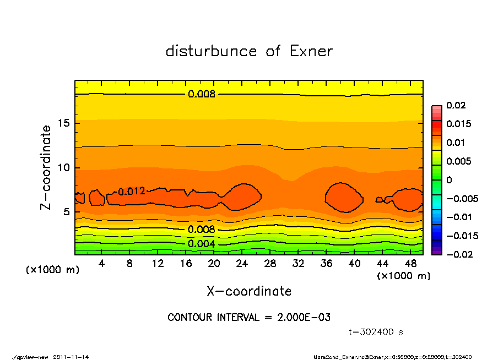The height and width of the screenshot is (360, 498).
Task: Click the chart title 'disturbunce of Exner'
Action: [249, 51]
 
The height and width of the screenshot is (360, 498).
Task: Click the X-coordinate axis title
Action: [249, 291]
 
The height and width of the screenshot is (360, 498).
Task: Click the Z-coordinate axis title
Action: [46, 167]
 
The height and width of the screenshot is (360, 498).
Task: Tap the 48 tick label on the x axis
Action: [410, 264]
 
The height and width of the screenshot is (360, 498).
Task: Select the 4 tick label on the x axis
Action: [102, 264]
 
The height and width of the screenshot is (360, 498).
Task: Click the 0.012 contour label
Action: [132, 192]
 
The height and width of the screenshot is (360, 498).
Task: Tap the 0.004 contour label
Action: [202, 244]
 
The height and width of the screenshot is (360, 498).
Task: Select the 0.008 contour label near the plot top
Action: [202, 94]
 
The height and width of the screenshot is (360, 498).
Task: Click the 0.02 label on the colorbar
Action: [456, 105]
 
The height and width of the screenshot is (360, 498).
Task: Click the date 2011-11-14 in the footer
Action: [71, 357]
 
